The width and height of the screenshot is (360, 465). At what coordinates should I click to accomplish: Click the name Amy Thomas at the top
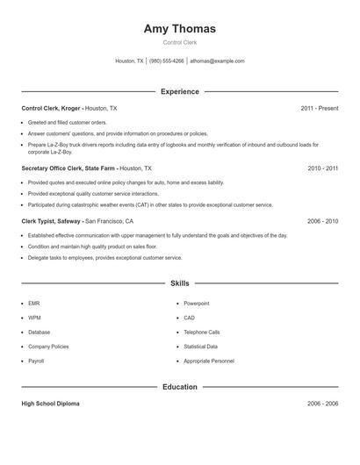click(179, 28)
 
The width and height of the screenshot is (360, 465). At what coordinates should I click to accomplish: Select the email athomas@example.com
click(217, 61)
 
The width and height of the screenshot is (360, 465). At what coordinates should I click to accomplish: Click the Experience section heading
click(179, 91)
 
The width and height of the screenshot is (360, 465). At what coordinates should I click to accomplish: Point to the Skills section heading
click(179, 283)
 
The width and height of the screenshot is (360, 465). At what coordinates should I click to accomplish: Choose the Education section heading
click(179, 387)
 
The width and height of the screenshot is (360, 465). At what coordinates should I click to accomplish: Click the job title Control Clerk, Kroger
click(51, 108)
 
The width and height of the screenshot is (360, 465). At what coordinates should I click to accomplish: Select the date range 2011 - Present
click(319, 108)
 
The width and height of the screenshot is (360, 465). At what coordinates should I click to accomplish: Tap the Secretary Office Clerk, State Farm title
click(68, 168)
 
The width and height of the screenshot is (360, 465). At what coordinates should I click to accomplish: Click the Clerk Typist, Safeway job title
click(52, 222)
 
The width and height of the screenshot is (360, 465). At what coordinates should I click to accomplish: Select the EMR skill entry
click(33, 304)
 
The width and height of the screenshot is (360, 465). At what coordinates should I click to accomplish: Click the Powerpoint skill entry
click(196, 304)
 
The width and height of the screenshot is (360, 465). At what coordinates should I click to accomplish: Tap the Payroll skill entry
click(36, 361)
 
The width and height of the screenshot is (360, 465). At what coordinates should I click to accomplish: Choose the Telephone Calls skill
click(201, 333)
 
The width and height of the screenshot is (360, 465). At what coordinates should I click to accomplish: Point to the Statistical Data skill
click(200, 347)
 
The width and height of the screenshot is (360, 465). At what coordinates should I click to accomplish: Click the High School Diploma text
click(50, 404)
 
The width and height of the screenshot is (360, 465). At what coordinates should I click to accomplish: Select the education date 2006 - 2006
click(322, 404)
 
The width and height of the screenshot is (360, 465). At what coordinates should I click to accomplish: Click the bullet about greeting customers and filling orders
click(67, 123)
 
